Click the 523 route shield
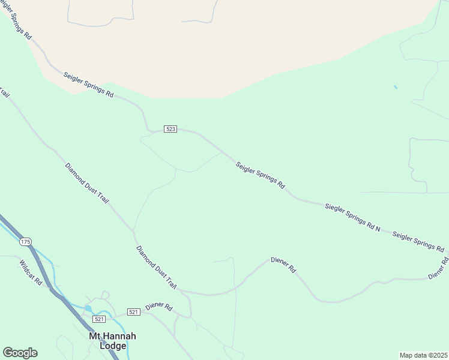click(170, 130)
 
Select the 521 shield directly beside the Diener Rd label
click(133, 312)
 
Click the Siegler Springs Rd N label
click(353, 217)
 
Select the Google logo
click(20, 353)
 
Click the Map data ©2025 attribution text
click(423, 355)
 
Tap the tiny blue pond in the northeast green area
click(395, 88)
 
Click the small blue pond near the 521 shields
click(88, 308)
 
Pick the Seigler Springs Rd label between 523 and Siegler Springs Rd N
click(260, 175)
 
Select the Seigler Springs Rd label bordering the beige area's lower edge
click(88, 85)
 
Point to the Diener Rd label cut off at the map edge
click(439, 269)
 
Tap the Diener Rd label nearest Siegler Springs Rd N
click(283, 265)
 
